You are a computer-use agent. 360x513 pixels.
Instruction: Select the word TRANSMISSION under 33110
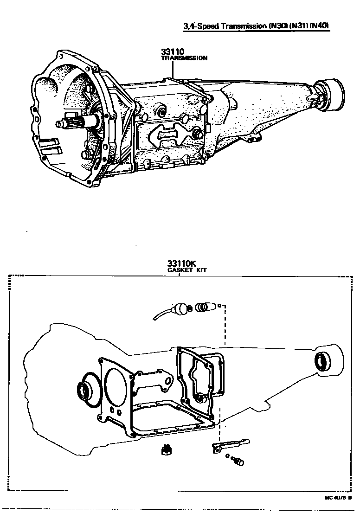pyautogui.click(x=184, y=58)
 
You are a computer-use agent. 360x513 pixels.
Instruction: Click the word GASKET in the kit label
pyautogui.click(x=179, y=270)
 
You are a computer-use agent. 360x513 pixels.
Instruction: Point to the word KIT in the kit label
pyautogui.click(x=201, y=270)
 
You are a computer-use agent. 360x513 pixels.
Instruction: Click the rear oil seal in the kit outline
pyautogui.click(x=321, y=361)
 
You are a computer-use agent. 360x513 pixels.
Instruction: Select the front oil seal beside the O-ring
pyautogui.click(x=84, y=390)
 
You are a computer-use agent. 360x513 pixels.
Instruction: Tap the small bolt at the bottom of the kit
pyautogui.click(x=239, y=462)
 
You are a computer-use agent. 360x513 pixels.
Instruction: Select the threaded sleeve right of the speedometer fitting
pyautogui.click(x=203, y=308)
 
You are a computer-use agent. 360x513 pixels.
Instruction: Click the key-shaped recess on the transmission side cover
pyautogui.click(x=167, y=134)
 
